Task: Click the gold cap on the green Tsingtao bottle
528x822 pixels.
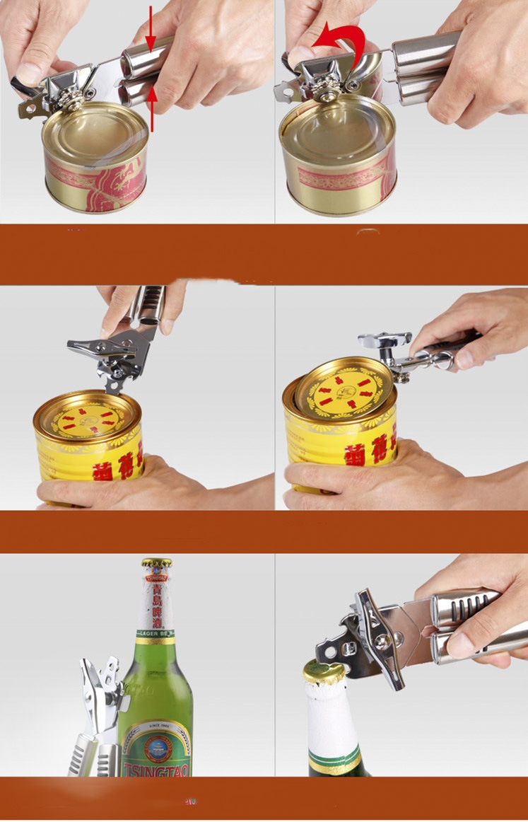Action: (x=156, y=564)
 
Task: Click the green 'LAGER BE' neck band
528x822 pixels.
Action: (x=156, y=633)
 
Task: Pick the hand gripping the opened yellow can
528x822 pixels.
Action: (x=368, y=477)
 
